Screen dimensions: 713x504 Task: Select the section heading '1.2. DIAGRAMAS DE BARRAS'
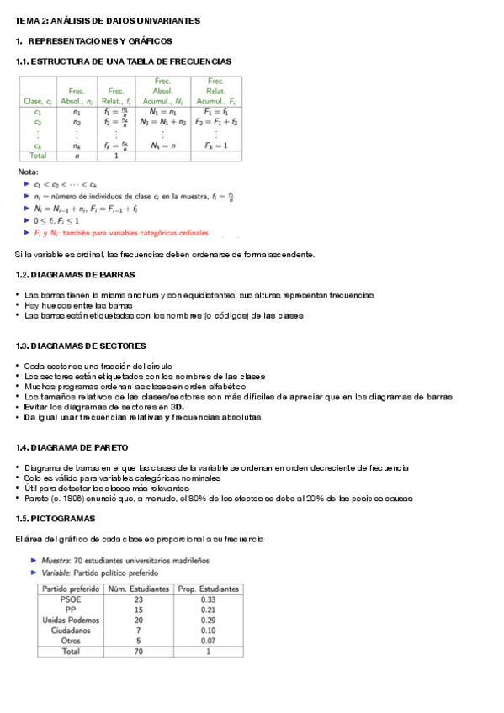[x=76, y=275]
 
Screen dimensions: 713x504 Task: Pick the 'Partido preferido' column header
[x=72, y=589]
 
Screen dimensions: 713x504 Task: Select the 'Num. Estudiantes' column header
[x=140, y=589]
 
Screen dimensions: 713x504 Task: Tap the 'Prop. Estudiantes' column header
[x=209, y=589]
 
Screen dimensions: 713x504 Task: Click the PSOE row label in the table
[x=72, y=599]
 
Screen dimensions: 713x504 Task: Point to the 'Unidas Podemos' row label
[x=72, y=620]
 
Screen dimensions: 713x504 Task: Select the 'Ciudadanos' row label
[x=72, y=630]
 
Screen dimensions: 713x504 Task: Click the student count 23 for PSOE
[x=140, y=599]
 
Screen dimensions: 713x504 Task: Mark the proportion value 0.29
[x=209, y=620]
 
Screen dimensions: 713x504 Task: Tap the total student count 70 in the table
[x=140, y=651]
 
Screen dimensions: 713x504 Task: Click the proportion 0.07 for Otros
[x=209, y=640]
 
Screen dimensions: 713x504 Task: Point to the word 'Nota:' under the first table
[x=29, y=172]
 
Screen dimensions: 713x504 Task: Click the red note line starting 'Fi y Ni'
[x=121, y=233]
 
